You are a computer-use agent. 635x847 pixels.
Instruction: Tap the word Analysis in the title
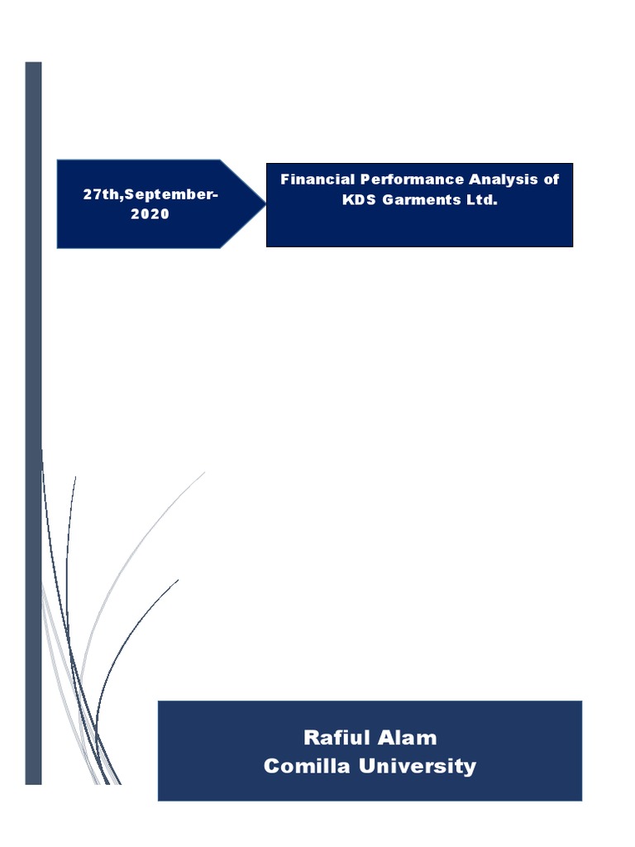504,179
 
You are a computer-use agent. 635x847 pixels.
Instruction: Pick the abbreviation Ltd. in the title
480,200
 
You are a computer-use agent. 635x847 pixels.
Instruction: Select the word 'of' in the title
551,179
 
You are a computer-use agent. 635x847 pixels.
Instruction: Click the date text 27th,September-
150,194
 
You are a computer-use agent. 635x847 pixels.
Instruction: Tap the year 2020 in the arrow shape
150,214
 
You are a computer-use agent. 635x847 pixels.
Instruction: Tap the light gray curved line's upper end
203,474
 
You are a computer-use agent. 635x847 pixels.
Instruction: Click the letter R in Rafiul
311,738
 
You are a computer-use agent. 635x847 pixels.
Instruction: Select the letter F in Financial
284,179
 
